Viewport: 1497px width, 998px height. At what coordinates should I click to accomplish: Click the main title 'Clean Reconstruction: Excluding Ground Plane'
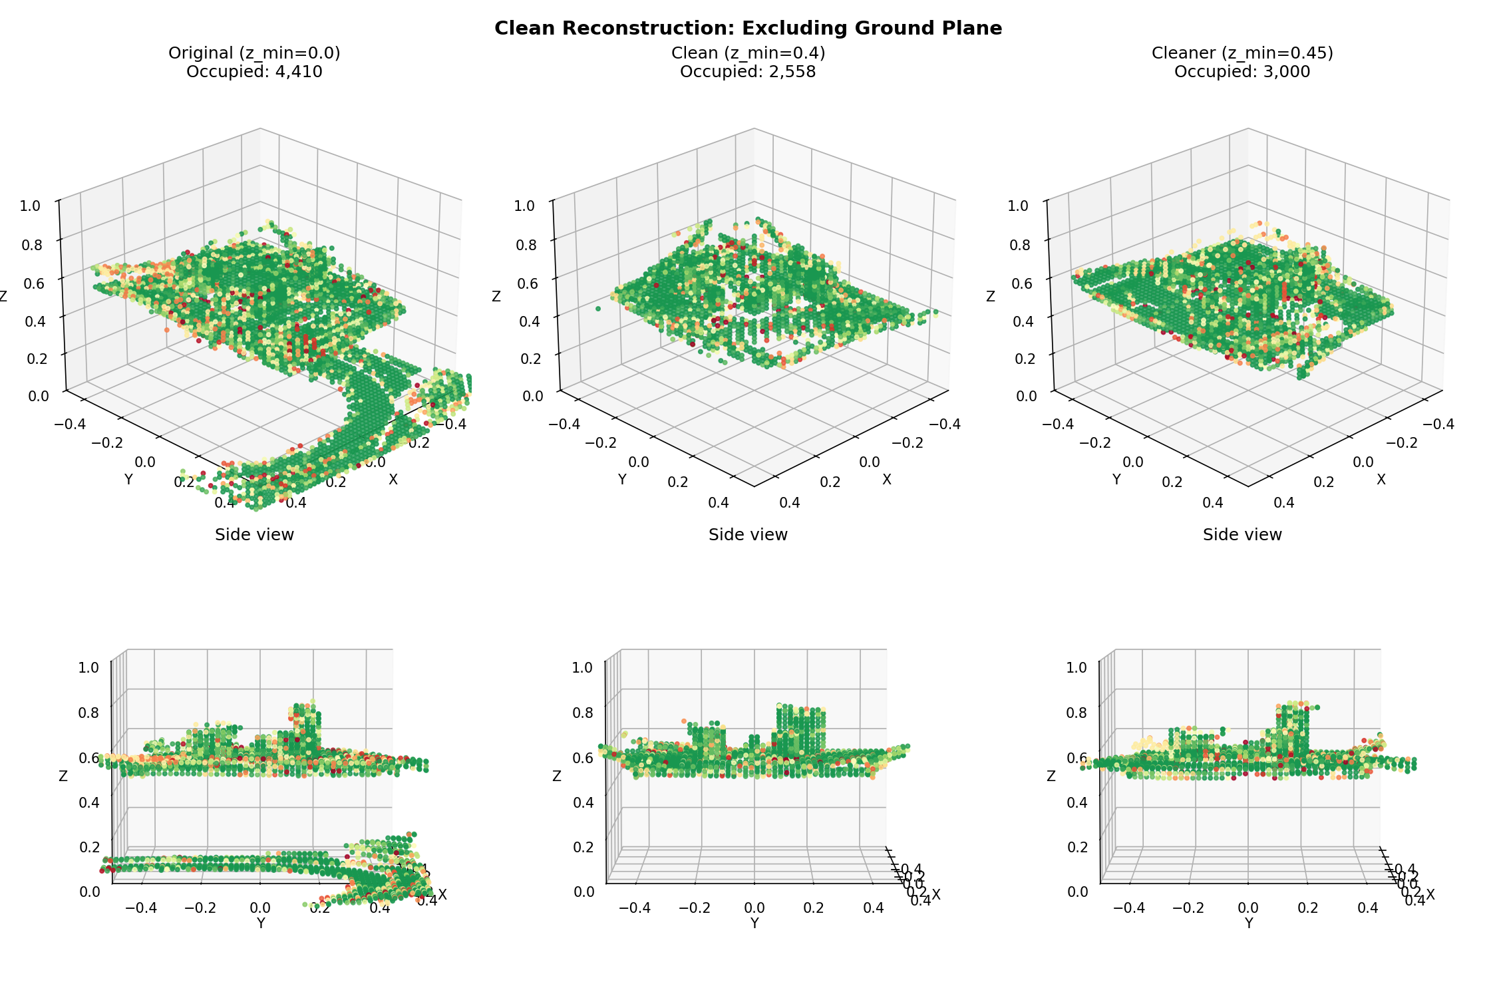click(x=748, y=28)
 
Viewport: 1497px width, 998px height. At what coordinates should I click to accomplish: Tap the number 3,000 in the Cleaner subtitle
click(x=1287, y=72)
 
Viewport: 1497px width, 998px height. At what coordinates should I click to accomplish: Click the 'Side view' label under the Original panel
click(x=254, y=535)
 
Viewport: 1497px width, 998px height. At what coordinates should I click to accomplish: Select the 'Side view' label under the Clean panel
click(x=748, y=535)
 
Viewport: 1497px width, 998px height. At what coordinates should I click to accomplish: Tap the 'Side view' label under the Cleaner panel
click(x=1242, y=535)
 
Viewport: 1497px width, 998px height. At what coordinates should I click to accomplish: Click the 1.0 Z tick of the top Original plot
click(x=30, y=206)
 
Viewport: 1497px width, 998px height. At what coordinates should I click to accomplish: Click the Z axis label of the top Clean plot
click(x=496, y=297)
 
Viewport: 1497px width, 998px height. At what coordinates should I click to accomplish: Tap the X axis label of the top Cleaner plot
click(x=1381, y=480)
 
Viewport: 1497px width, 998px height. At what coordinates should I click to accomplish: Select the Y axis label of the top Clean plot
click(x=622, y=480)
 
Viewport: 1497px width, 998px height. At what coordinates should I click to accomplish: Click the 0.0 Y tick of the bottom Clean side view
click(x=754, y=908)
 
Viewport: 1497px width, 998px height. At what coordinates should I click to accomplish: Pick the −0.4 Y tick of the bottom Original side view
click(x=141, y=908)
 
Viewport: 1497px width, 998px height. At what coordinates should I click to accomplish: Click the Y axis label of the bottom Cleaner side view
click(x=1248, y=923)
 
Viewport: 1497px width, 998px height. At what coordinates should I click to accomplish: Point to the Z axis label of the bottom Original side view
click(x=63, y=776)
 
